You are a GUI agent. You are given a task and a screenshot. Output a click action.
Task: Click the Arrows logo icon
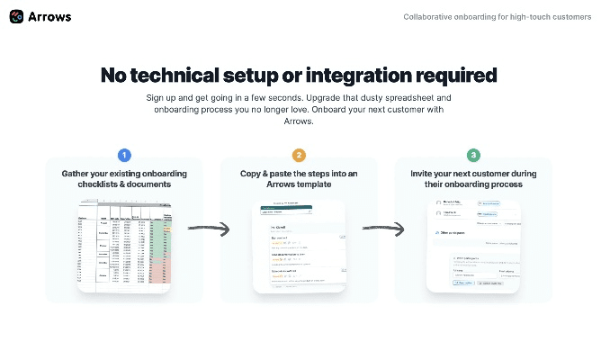point(16,16)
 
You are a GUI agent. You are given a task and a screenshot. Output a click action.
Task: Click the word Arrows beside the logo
point(50,16)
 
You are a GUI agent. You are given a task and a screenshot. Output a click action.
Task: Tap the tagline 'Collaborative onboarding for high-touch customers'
point(498,16)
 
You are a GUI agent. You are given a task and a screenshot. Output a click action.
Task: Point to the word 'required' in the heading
point(455,75)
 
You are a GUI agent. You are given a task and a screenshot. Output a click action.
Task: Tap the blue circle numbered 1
point(124,155)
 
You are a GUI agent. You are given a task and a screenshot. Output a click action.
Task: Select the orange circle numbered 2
point(299,155)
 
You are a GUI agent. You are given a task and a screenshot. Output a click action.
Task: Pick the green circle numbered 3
point(473,155)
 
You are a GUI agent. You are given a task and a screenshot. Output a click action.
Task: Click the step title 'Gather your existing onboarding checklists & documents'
point(124,178)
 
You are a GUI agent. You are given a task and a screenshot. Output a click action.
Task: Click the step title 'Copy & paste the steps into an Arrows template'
point(299,178)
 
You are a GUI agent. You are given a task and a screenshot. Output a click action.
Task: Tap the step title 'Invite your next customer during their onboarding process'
point(473,178)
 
